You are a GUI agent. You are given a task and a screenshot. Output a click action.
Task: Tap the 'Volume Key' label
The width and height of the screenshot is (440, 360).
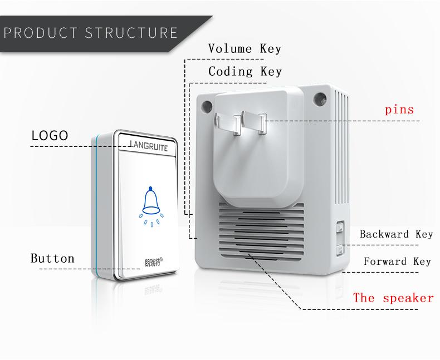[x=245, y=48]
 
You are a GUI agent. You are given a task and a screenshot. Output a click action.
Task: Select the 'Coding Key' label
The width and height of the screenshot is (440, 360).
[x=245, y=71]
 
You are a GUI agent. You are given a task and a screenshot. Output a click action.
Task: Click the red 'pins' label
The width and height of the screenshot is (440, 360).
[x=399, y=109]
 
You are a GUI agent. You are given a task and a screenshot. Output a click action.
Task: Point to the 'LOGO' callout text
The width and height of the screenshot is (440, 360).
[x=50, y=135]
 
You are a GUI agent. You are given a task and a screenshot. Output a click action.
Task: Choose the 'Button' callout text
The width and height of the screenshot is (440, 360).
[x=52, y=258]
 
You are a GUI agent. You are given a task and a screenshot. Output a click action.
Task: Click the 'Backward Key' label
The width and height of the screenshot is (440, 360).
[x=396, y=234]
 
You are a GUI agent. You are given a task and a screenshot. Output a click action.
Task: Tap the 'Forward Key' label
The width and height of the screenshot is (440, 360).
[x=397, y=261]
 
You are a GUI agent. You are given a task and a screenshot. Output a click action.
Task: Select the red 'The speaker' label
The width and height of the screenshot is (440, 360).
[x=393, y=298]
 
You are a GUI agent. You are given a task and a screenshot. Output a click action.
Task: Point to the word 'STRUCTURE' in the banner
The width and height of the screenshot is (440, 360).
[x=131, y=32]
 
